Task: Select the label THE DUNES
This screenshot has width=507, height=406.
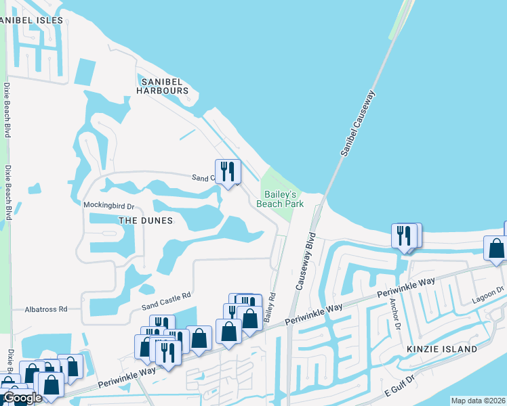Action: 145,221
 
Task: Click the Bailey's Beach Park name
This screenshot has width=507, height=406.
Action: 279,198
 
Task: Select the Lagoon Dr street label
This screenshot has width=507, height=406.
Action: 491,290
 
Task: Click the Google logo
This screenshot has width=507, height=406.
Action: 22,399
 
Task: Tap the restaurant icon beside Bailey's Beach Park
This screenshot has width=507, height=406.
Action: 228,172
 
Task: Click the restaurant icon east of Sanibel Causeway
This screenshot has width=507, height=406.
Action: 405,236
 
